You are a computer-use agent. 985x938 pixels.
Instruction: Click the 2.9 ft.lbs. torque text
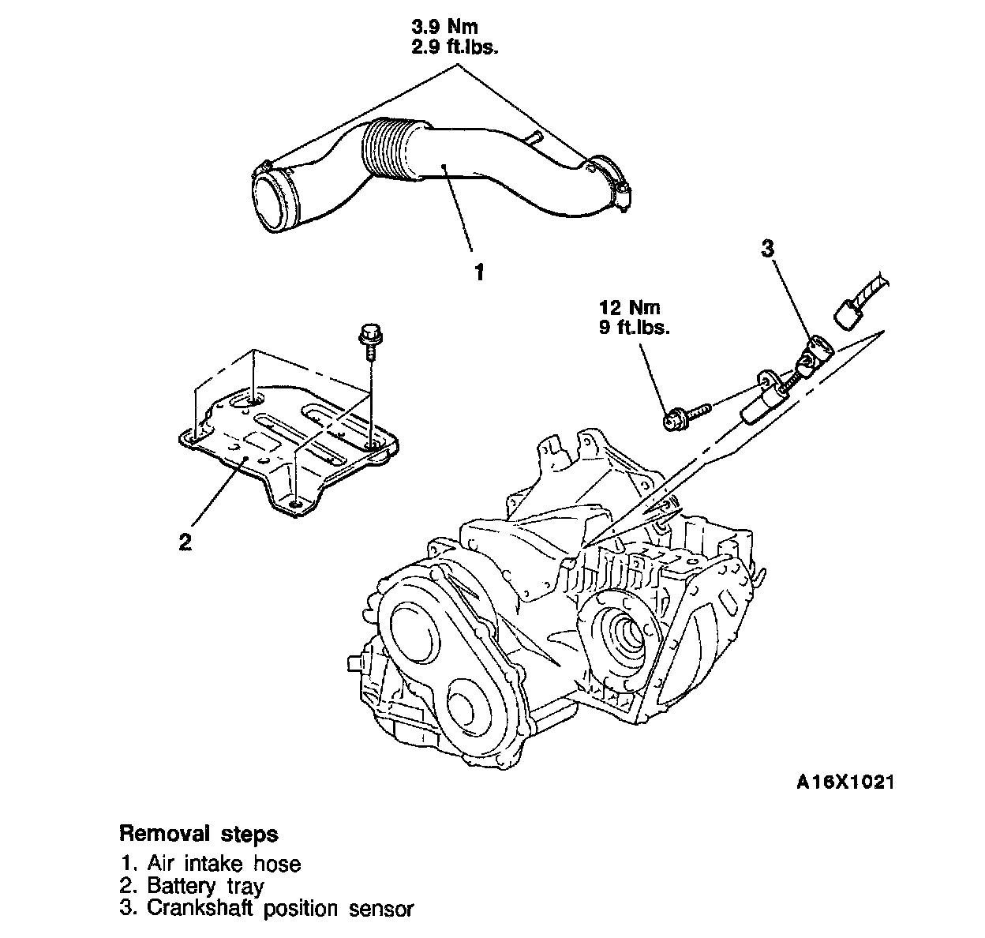pyautogui.click(x=455, y=46)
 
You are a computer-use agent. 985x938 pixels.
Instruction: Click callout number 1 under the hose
pyautogui.click(x=478, y=273)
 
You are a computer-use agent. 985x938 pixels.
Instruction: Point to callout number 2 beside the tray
pyautogui.click(x=185, y=542)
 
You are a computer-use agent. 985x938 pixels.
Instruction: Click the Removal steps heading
pyautogui.click(x=198, y=834)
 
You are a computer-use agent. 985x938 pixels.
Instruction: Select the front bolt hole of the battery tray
pyautogui.click(x=295, y=505)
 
